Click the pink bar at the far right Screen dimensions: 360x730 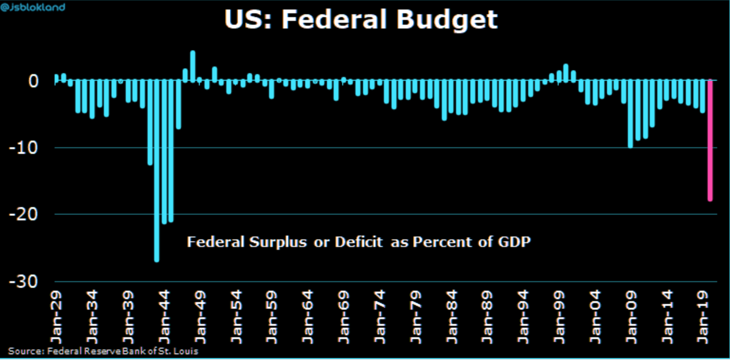point(710,141)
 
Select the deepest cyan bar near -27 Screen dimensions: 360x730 point(157,171)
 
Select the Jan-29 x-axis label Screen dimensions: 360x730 point(57,316)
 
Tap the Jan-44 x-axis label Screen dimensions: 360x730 point(164,316)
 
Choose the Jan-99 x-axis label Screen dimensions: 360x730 point(559,316)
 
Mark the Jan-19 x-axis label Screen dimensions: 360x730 point(702,316)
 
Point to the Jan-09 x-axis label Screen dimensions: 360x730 point(631,316)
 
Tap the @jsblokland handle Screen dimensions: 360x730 point(33,7)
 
